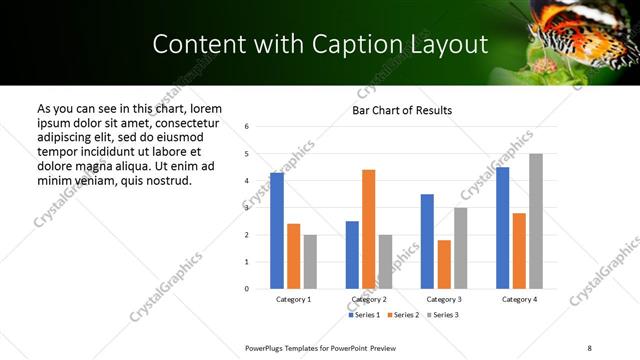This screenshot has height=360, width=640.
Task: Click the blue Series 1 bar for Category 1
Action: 277,231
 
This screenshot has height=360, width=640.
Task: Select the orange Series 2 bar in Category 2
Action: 369,229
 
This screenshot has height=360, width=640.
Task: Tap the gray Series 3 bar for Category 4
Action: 536,221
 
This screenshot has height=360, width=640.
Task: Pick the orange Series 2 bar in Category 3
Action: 444,264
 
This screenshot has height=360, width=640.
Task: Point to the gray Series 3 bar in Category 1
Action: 311,262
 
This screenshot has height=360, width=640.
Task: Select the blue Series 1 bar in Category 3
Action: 427,241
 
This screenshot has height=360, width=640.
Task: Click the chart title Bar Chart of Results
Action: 402,110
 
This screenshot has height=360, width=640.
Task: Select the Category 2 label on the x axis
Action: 369,299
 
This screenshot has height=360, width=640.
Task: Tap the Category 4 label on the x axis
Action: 519,299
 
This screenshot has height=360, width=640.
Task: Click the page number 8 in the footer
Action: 589,347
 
